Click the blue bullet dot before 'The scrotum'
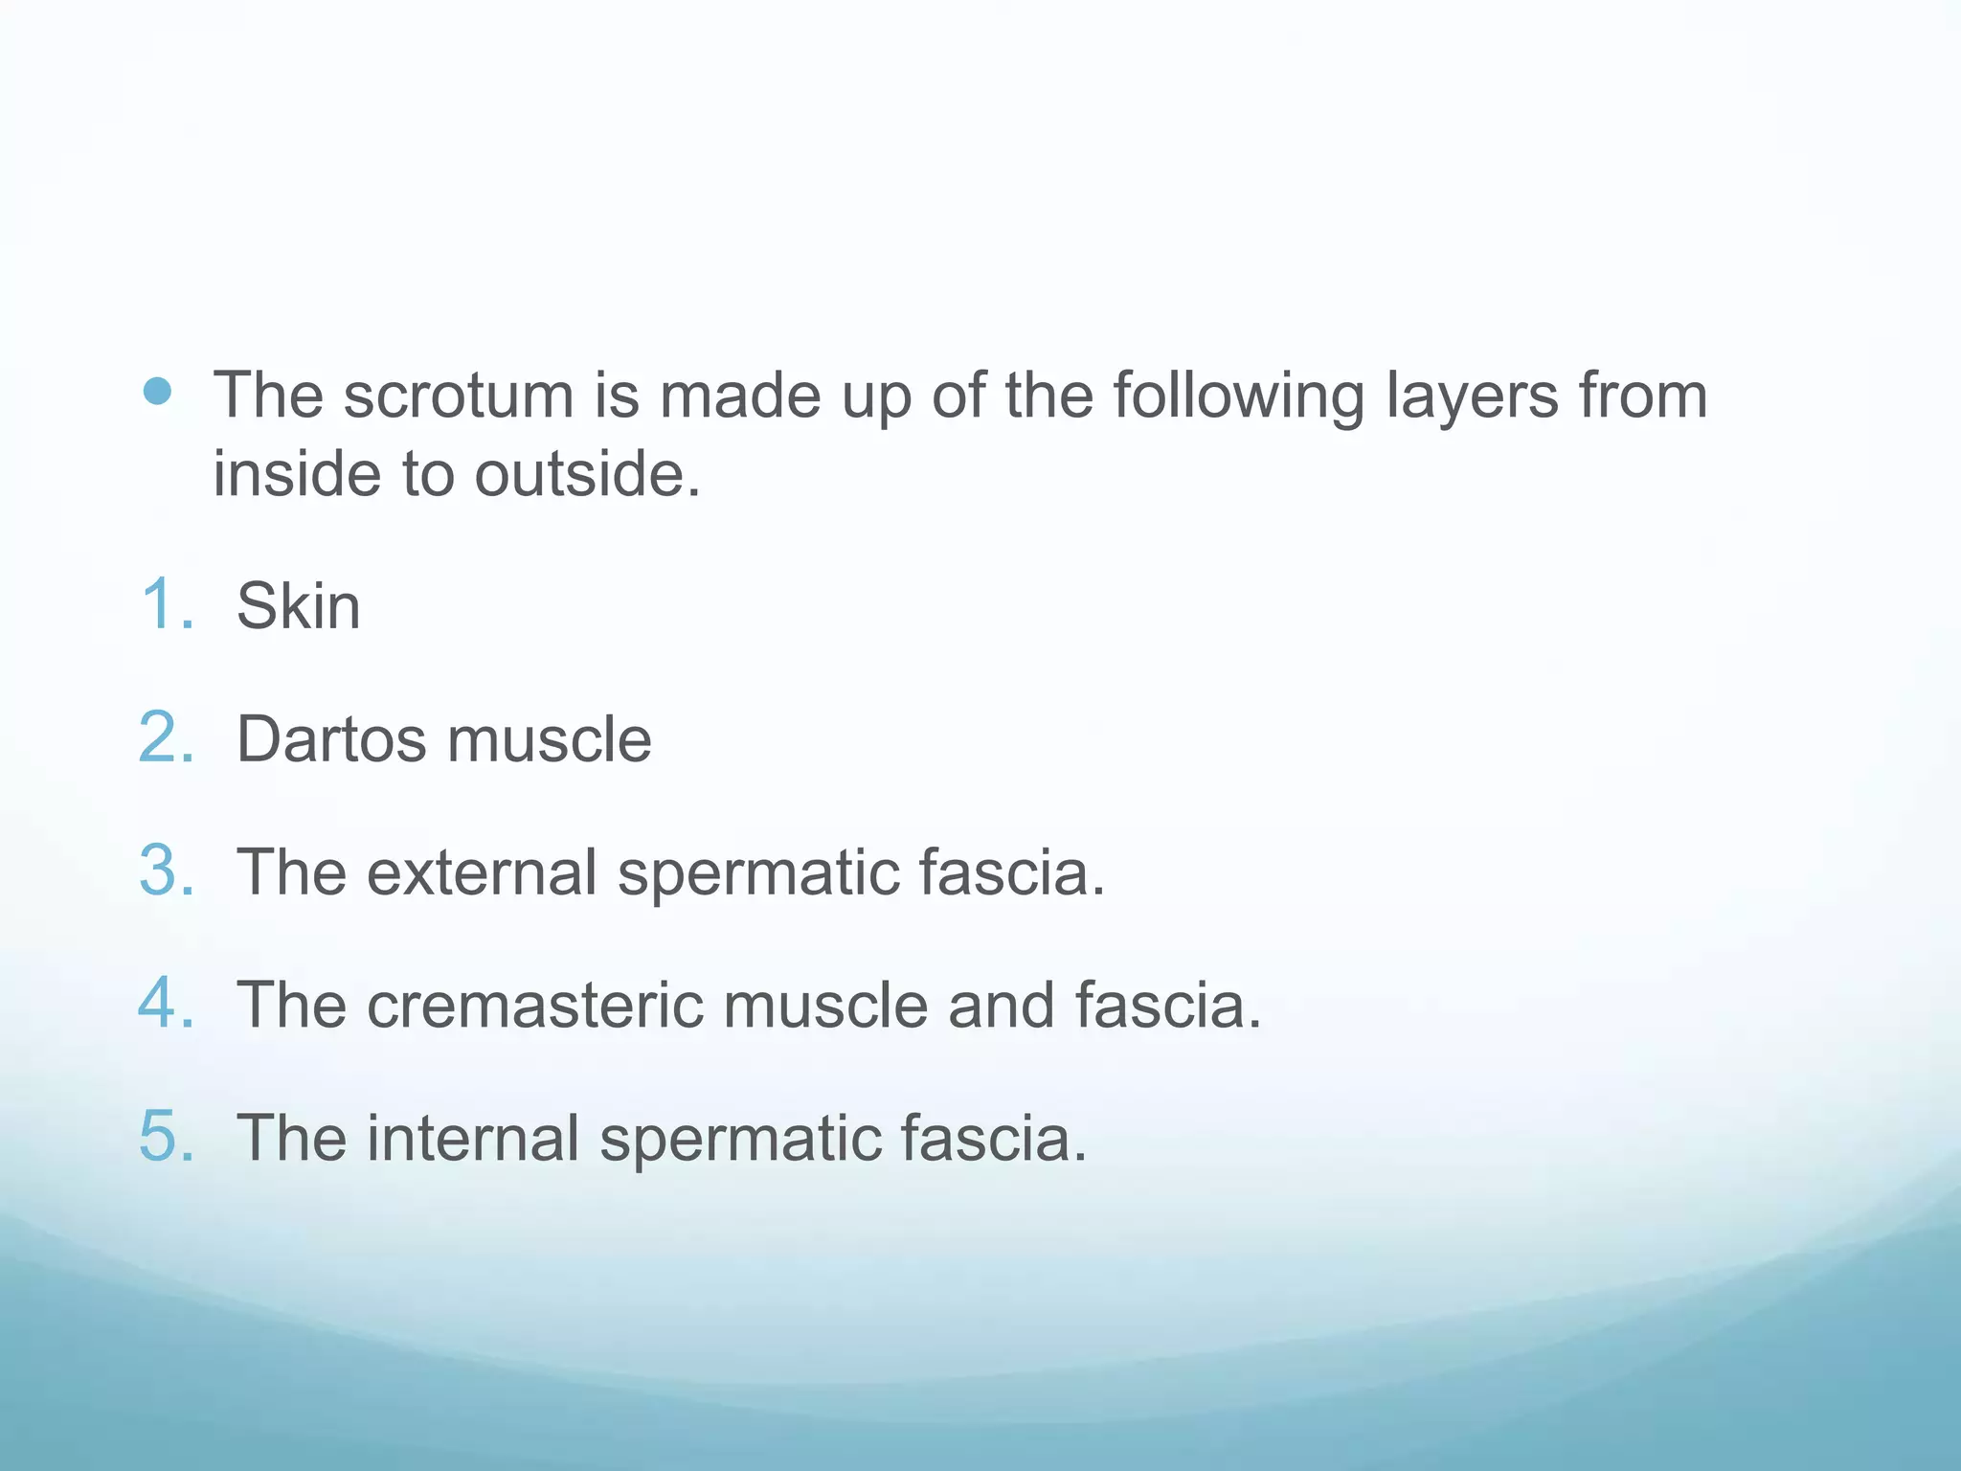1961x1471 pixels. pyautogui.click(x=157, y=391)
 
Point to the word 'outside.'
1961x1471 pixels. pyautogui.click(x=588, y=474)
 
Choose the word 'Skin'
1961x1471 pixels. pyautogui.click(x=299, y=606)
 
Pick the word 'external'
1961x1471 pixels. pyautogui.click(x=483, y=872)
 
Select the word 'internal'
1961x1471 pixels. pyautogui.click(x=474, y=1139)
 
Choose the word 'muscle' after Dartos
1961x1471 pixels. pyautogui.click(x=550, y=739)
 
